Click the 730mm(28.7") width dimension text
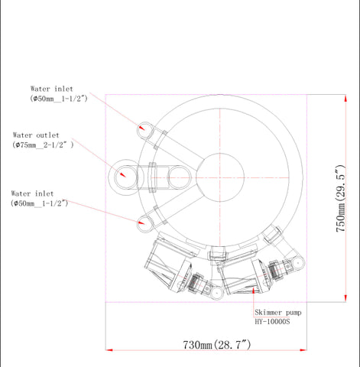pyautogui.click(x=217, y=345)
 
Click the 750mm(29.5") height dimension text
pyautogui.click(x=341, y=199)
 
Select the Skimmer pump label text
pyautogui.click(x=278, y=313)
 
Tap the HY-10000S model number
pyautogui.click(x=272, y=322)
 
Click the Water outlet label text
pyautogui.click(x=36, y=135)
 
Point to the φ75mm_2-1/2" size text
pyautogui.click(x=43, y=145)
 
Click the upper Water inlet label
pyautogui.click(x=52, y=89)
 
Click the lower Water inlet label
pyautogui.click(x=32, y=193)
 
